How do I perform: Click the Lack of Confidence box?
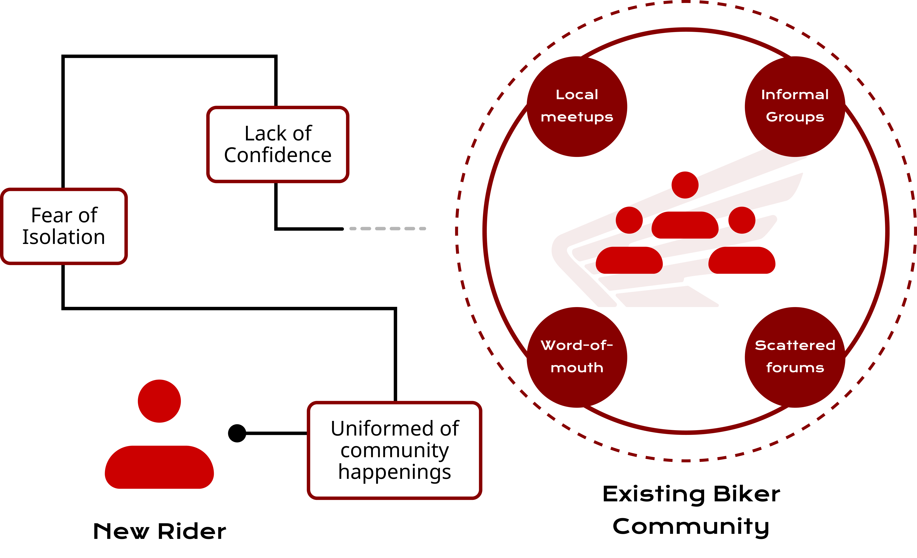pyautogui.click(x=278, y=145)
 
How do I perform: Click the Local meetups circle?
pyautogui.click(x=577, y=107)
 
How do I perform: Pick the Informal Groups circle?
pyautogui.click(x=795, y=107)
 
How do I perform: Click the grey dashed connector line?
pyautogui.click(x=387, y=229)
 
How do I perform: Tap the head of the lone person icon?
pyautogui.click(x=159, y=401)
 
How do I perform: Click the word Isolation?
pyautogui.click(x=64, y=237)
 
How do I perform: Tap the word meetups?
pyautogui.click(x=577, y=117)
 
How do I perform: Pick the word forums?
pyautogui.click(x=795, y=368)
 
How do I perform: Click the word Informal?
pyautogui.click(x=795, y=95)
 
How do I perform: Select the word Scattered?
pyautogui.click(x=795, y=345)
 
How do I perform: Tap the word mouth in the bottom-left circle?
pyautogui.click(x=577, y=368)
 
